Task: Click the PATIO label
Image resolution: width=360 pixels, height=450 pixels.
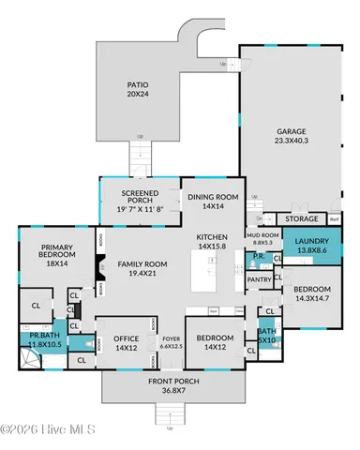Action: tap(138, 83)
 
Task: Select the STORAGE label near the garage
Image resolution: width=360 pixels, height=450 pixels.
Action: tap(301, 218)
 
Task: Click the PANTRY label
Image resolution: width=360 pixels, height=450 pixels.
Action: tap(258, 278)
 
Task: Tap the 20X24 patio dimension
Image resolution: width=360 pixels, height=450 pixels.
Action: tap(138, 93)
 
